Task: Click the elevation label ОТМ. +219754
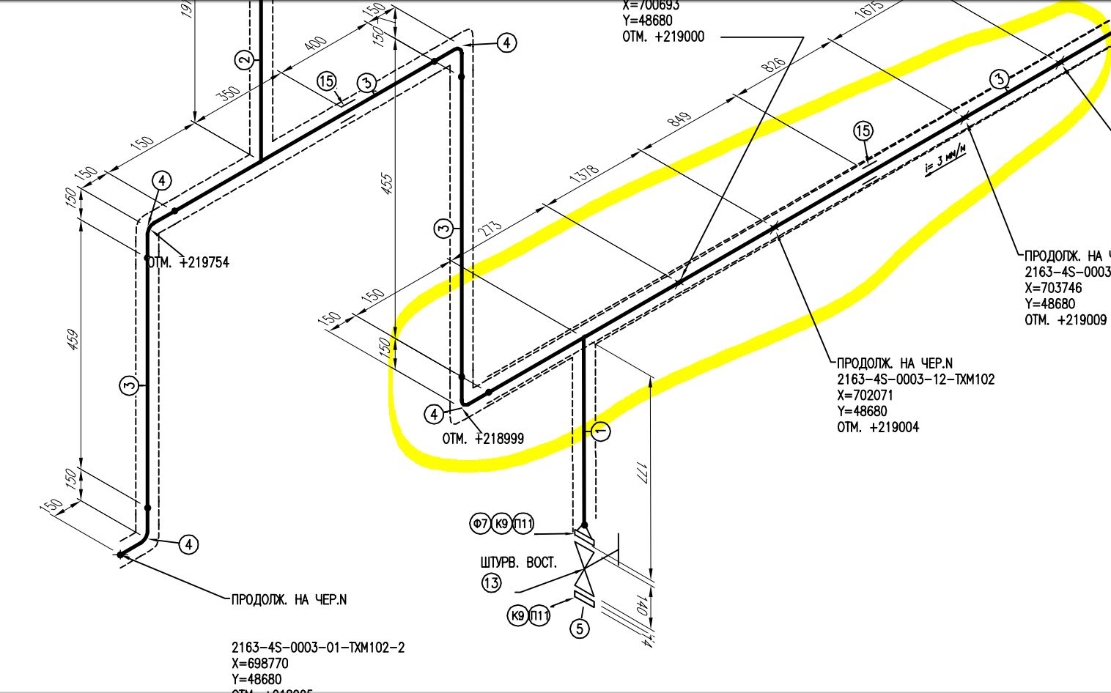point(188,262)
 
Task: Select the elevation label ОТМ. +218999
point(483,439)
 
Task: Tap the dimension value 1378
point(584,174)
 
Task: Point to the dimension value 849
point(679,118)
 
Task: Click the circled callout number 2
point(245,60)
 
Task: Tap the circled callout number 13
point(491,583)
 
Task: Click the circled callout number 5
point(580,629)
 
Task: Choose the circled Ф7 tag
point(480,523)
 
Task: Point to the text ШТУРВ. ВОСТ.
point(518,563)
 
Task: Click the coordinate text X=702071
point(865,396)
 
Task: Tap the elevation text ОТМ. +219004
point(878,427)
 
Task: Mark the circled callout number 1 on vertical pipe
point(600,431)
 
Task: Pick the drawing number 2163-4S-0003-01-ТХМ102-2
point(318,648)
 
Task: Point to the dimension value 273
point(490,229)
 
